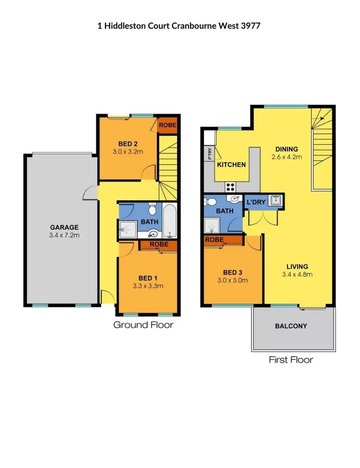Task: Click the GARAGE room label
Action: click(64, 227)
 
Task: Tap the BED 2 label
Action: click(128, 143)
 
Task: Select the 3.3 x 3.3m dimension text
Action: click(148, 286)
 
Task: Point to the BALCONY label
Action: click(291, 326)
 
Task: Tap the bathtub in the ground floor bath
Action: click(169, 221)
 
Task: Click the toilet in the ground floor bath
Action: click(153, 210)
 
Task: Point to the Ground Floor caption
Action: click(143, 325)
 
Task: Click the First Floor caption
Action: click(291, 360)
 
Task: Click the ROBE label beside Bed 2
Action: click(168, 125)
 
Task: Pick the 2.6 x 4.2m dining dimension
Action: click(287, 157)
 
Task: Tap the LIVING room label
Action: click(297, 267)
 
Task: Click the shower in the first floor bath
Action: click(212, 224)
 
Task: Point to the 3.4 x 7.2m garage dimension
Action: click(64, 235)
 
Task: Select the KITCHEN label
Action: click(231, 164)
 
